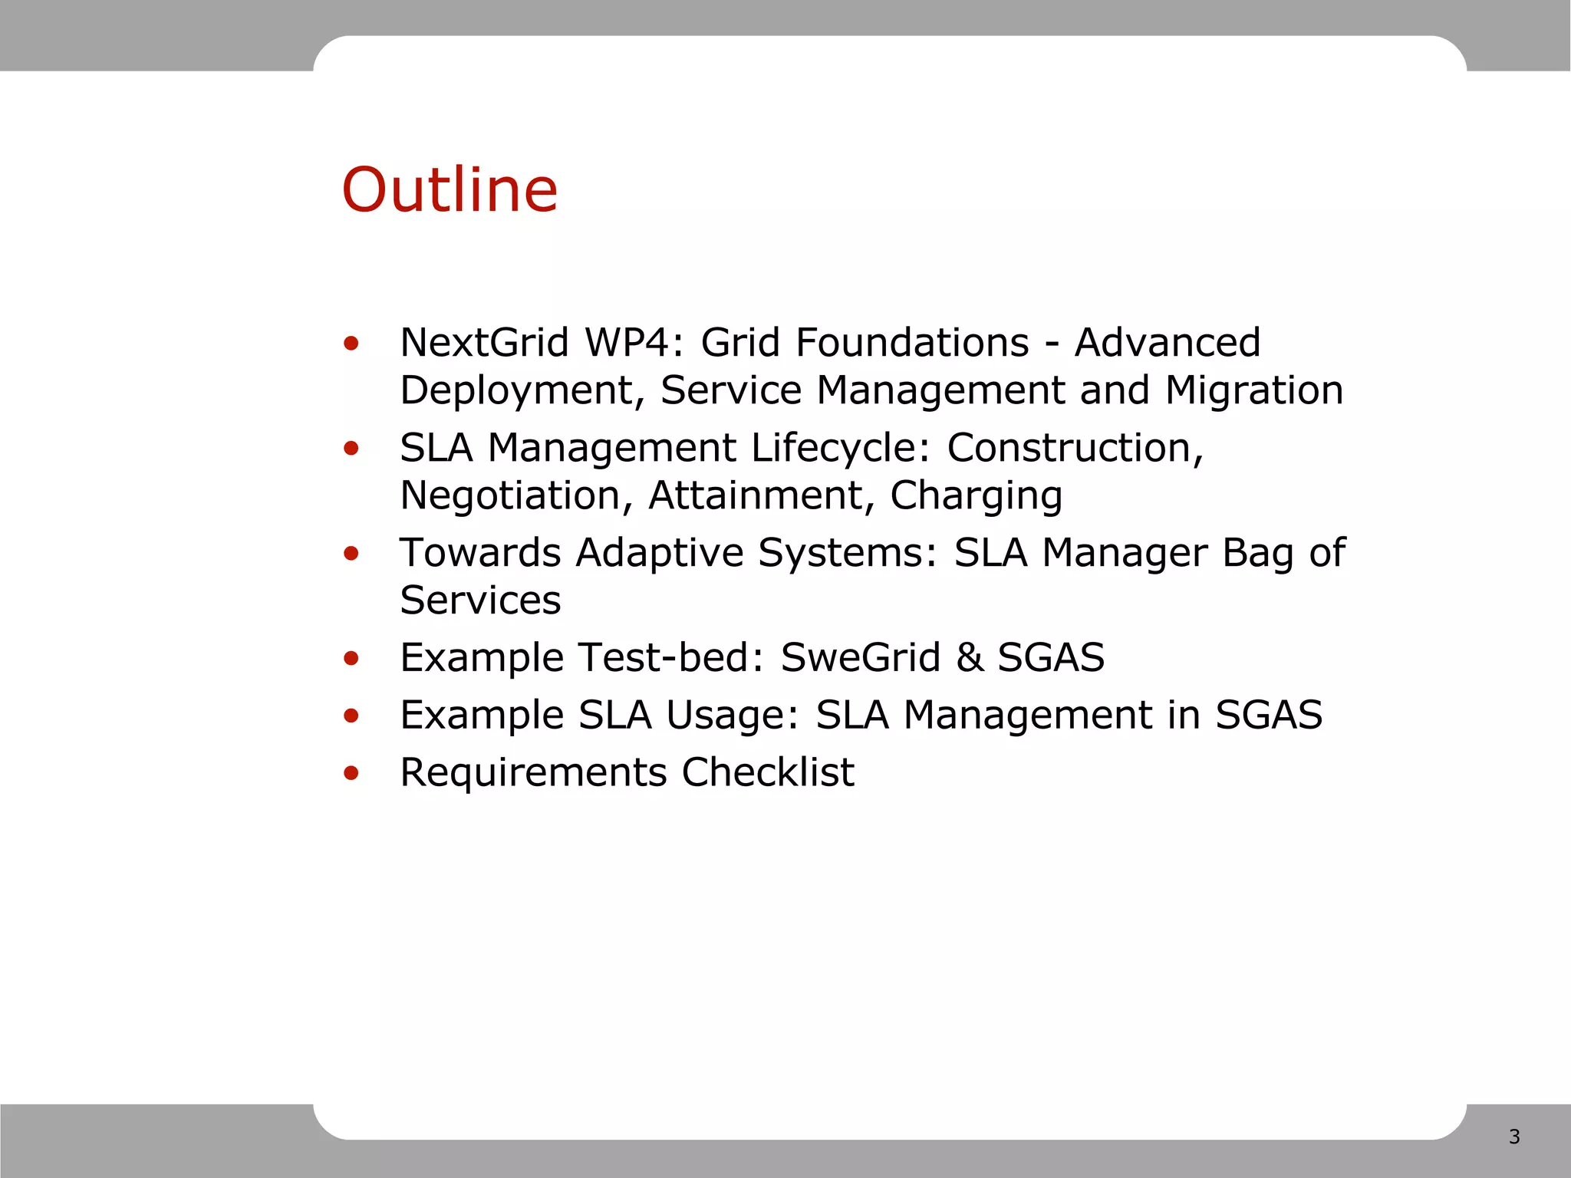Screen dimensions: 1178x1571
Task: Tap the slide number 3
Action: [1513, 1137]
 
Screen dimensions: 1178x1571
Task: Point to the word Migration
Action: [1253, 390]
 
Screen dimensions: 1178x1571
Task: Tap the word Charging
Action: [976, 496]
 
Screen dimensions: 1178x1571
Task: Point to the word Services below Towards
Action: [480, 601]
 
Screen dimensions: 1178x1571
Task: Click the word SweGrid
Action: [860, 658]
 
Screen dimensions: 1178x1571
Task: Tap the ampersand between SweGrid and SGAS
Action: [970, 658]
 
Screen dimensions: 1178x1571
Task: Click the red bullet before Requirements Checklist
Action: [351, 773]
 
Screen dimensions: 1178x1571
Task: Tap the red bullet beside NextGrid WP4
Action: [351, 344]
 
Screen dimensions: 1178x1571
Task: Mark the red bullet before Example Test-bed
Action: [351, 658]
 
